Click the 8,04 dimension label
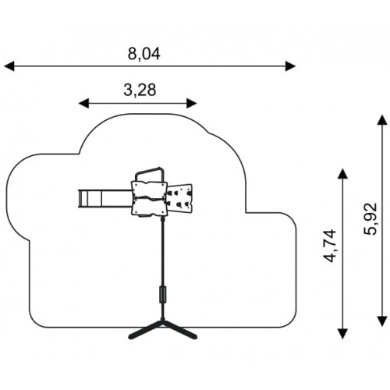point(144,54)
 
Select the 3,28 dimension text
point(140,90)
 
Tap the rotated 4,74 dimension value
point(329,246)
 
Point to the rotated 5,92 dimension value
point(370,219)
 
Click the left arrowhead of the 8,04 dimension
point(9,66)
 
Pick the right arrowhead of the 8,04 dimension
point(290,66)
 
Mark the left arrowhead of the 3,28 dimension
point(83,104)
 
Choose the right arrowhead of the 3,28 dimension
point(192,104)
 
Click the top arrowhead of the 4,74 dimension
point(342,173)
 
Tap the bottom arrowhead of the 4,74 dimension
point(342,334)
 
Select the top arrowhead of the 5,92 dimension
point(382,119)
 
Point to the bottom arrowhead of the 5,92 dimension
point(382,321)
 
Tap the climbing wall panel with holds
point(179,198)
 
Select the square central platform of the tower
point(149,198)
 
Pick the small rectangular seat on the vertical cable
point(163,294)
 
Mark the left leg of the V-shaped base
point(145,330)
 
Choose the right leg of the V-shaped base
point(180,330)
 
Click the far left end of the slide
point(79,199)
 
